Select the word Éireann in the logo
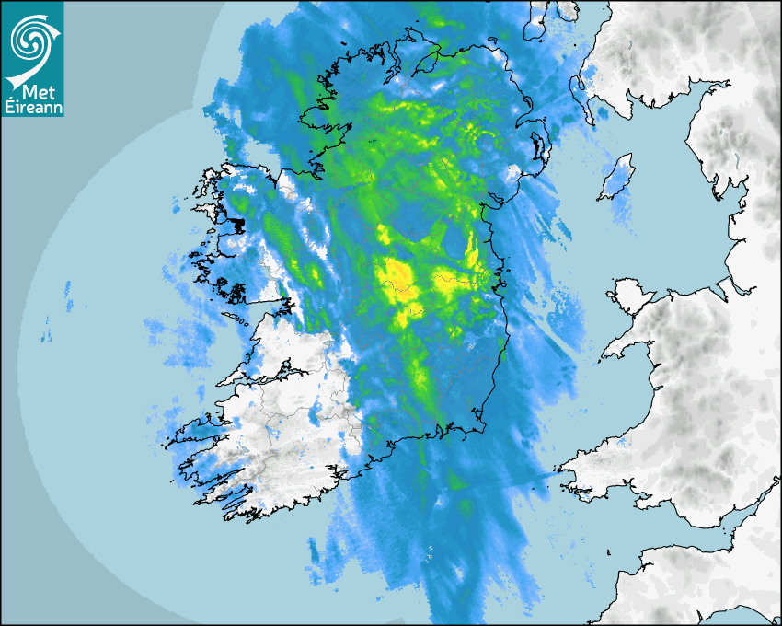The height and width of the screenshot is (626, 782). tap(32, 108)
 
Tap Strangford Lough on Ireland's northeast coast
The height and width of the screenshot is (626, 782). tap(537, 147)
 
